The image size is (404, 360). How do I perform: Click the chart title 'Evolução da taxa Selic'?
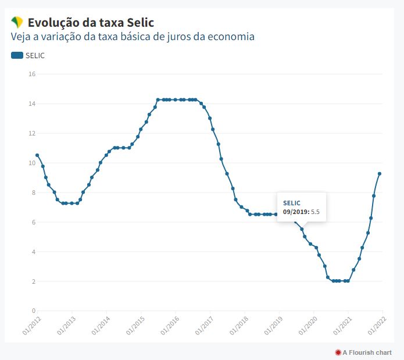[91, 23]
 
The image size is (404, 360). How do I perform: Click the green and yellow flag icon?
[17, 23]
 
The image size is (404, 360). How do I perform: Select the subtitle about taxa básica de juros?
[133, 37]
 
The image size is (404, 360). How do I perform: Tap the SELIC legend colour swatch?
[17, 55]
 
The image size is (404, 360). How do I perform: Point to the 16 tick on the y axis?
[33, 74]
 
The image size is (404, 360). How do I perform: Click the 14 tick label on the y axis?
[33, 104]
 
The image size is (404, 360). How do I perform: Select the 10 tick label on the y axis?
[33, 163]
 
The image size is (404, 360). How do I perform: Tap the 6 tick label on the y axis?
[33, 222]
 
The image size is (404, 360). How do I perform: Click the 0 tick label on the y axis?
[33, 311]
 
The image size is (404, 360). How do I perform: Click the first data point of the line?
[37, 155]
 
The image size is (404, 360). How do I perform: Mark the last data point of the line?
[380, 173]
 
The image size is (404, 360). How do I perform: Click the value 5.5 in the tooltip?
[316, 212]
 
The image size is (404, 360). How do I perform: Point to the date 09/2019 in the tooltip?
[296, 212]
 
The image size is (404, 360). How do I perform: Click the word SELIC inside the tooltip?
[292, 202]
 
